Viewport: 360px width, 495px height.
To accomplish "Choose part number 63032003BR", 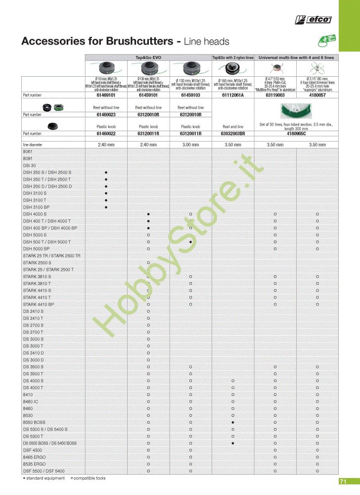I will pyautogui.click(x=233, y=134).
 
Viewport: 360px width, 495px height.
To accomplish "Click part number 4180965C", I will pyautogui.click(x=296, y=134).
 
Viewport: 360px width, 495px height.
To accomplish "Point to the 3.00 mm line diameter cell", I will pyautogui.click(x=190, y=145).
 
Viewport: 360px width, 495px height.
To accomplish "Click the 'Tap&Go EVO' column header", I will pyautogui.click(x=148, y=58).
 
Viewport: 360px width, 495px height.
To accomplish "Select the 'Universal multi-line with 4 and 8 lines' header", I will pyautogui.click(x=296, y=58).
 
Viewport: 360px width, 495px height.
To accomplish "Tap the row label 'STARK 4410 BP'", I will pyautogui.click(x=38, y=304).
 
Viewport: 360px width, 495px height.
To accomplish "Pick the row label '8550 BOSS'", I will pyautogui.click(x=34, y=422).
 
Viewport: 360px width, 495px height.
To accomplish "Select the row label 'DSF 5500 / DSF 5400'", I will pyautogui.click(x=44, y=471).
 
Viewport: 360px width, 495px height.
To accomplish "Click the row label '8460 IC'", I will pyautogui.click(x=31, y=401).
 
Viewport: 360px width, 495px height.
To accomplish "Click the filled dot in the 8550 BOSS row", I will pyautogui.click(x=233, y=422).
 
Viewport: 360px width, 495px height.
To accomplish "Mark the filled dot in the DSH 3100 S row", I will pyautogui.click(x=106, y=193).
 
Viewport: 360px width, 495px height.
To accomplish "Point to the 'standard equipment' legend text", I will pyautogui.click(x=45, y=478).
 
